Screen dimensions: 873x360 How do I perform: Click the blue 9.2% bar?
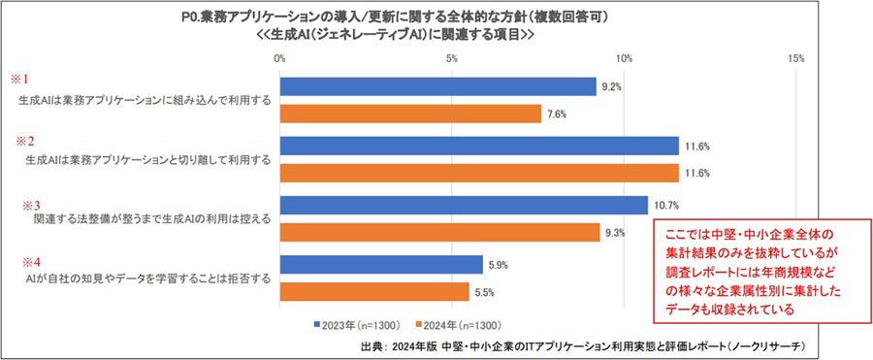click(438, 87)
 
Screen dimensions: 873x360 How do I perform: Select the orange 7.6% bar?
click(411, 114)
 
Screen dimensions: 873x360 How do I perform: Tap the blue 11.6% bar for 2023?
click(479, 146)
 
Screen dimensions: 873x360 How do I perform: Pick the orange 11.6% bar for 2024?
click(479, 173)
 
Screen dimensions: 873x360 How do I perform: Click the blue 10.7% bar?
click(464, 205)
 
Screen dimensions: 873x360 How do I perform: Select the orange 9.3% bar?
click(439, 232)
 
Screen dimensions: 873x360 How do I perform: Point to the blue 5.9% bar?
click(381, 265)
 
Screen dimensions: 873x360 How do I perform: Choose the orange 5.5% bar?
click(374, 291)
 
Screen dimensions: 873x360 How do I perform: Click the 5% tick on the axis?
click(452, 58)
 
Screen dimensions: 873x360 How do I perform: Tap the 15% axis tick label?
click(796, 58)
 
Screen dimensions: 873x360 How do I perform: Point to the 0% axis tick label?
click(280, 58)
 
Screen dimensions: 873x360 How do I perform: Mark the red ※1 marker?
click(19, 81)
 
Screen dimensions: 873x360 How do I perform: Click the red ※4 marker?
click(30, 260)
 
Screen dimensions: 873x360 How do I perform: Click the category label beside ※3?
click(152, 219)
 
